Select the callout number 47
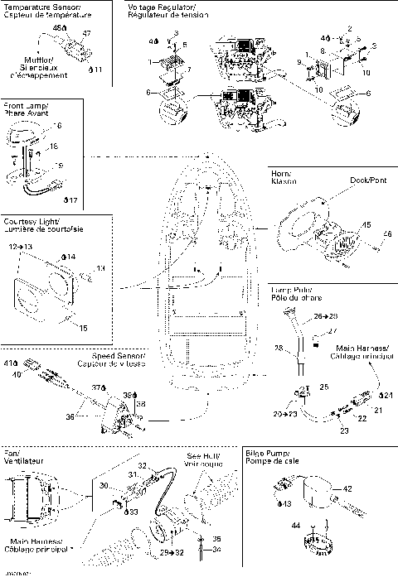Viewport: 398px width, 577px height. pos(86,32)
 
